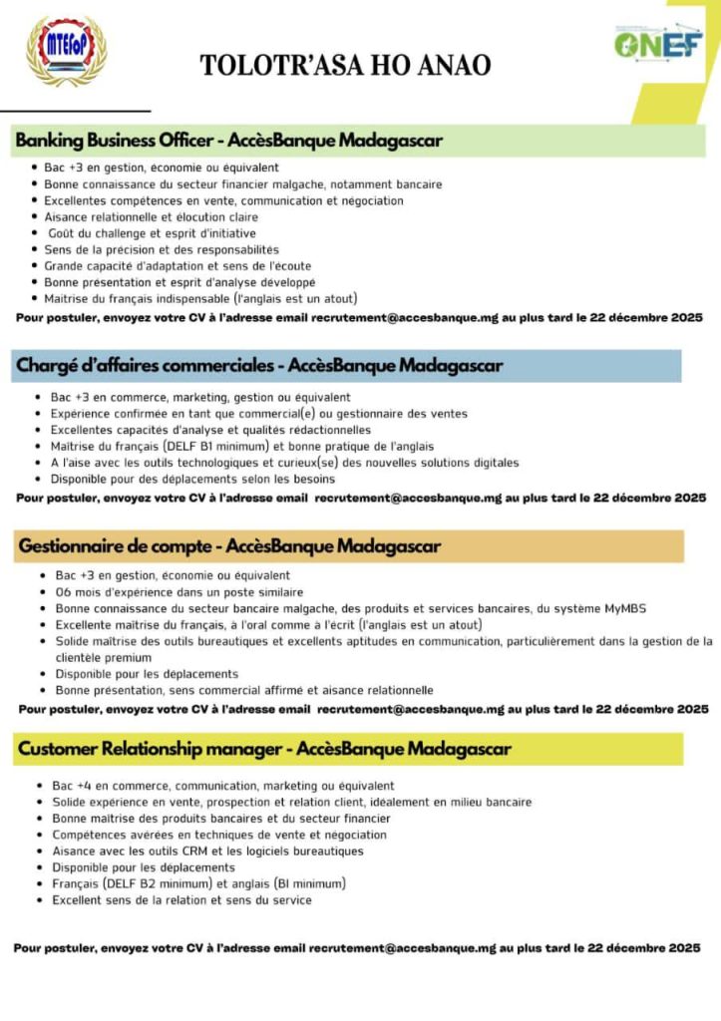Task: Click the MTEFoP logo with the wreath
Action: (65, 50)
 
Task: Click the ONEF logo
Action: (657, 43)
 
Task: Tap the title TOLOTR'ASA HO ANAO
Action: (345, 66)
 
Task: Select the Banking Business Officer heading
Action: (228, 141)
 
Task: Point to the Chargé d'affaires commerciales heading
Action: (259, 366)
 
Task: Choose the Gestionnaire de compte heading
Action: (229, 546)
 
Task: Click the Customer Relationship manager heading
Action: (264, 749)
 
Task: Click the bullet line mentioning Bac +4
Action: (223, 786)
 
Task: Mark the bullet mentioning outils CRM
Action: (207, 851)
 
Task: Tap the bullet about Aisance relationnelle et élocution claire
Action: (151, 216)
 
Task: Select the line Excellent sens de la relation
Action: (181, 899)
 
